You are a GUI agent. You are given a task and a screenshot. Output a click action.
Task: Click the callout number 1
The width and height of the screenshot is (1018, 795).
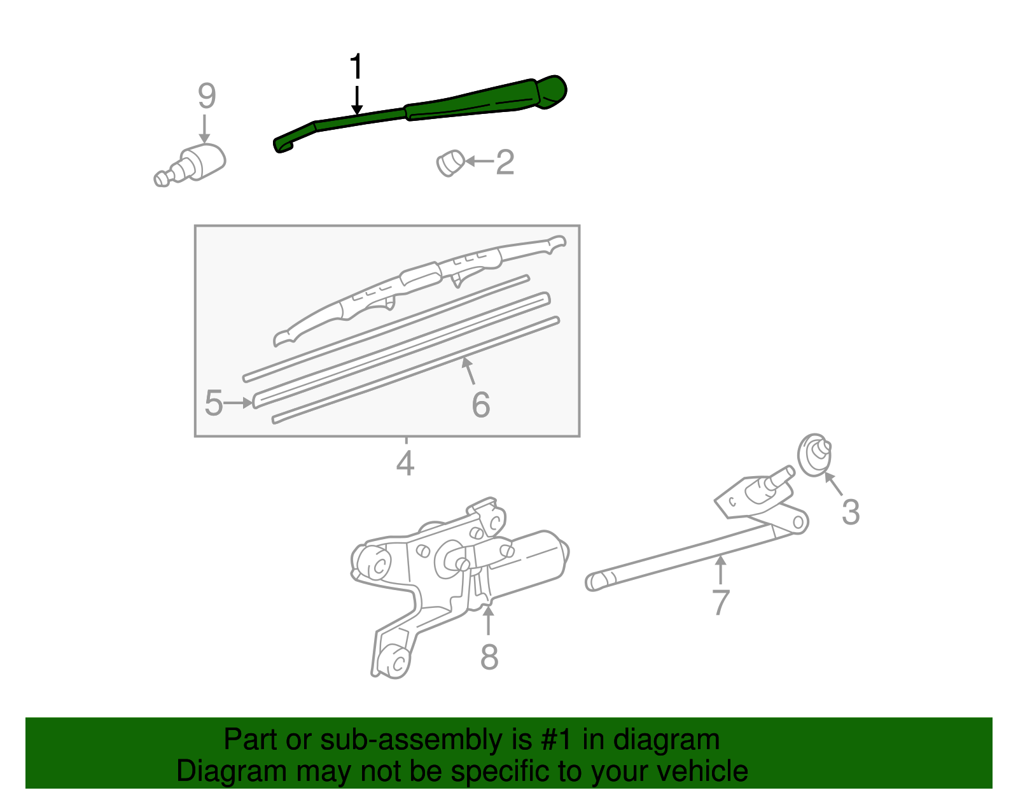point(356,67)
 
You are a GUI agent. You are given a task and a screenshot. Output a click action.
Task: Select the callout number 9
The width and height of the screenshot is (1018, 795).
point(207,96)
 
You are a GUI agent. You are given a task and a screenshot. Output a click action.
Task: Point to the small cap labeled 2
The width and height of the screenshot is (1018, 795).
point(450,163)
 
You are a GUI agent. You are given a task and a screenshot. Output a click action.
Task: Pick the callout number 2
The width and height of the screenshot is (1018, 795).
point(505,162)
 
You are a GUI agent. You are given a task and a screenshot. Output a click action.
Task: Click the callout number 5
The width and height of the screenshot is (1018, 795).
point(214,403)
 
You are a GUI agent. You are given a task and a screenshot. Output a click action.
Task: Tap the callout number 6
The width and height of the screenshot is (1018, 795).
point(481,405)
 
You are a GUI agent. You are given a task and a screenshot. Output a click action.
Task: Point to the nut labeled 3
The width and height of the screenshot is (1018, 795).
point(815,454)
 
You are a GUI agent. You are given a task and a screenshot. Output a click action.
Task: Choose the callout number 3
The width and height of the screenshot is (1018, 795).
point(851,512)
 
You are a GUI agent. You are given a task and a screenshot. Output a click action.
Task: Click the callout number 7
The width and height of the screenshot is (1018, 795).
point(720,602)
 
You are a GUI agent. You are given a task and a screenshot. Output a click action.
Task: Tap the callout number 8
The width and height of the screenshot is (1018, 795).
point(489,657)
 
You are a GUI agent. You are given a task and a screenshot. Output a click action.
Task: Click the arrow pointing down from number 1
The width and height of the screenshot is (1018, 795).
point(357,100)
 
